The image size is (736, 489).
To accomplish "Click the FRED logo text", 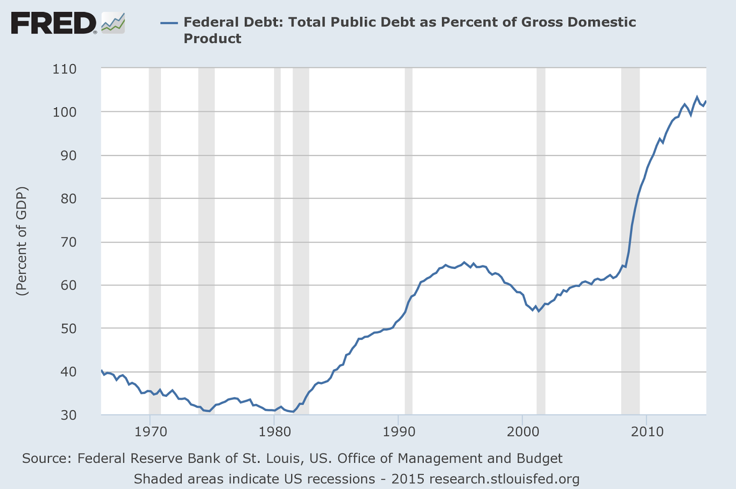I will [x=53, y=23].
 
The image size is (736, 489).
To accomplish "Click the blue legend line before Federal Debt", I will [x=169, y=22].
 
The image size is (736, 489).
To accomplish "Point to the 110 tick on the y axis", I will [x=64, y=69].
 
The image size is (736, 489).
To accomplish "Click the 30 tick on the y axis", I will [x=67, y=414].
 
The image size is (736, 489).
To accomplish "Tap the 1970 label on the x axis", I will [x=149, y=432].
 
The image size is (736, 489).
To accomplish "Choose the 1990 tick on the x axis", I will [x=398, y=432].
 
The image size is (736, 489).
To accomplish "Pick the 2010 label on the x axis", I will [x=646, y=432].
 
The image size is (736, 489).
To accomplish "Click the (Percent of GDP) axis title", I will [x=22, y=241].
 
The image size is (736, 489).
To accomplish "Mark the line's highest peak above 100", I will [x=697, y=97].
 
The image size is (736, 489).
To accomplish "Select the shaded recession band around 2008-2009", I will [x=630, y=230].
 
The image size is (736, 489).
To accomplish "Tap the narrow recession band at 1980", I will [x=277, y=230].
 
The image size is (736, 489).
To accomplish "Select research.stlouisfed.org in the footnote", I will [x=504, y=479].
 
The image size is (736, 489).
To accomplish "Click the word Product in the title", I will [x=212, y=39].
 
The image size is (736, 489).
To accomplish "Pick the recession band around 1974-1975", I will [x=206, y=230].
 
